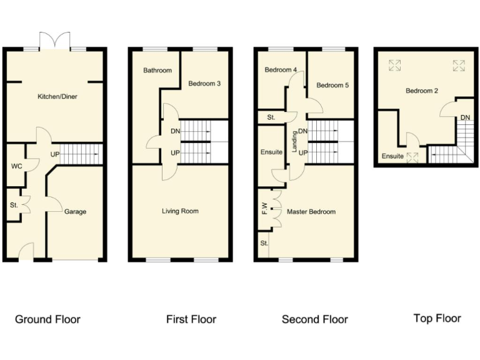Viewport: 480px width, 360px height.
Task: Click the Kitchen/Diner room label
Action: coord(57,97)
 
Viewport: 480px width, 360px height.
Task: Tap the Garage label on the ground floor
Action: coord(75,212)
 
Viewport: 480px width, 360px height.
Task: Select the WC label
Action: coord(16,167)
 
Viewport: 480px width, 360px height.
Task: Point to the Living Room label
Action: coord(180,211)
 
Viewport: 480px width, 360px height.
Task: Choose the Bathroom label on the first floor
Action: coord(157,71)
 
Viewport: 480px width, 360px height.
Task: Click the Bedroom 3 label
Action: coord(204,83)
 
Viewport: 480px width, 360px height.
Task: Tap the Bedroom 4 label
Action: coord(280,71)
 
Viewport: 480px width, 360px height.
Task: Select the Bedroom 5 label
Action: coord(332,86)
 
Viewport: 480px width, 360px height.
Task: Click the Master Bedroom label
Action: coord(311,212)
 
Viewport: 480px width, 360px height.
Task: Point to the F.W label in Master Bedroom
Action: coord(264,207)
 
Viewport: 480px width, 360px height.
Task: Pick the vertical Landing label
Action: coord(294,142)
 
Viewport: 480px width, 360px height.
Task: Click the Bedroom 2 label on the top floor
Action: coord(422,91)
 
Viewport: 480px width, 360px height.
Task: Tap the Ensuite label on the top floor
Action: coord(392,156)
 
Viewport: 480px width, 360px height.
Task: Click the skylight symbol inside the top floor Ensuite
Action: coord(412,156)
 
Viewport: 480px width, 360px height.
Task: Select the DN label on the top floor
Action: coord(465,117)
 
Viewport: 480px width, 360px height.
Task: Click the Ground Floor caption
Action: coord(47,319)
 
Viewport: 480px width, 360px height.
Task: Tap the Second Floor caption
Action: coord(314,319)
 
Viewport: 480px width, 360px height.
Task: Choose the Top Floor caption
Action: coord(437,319)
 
